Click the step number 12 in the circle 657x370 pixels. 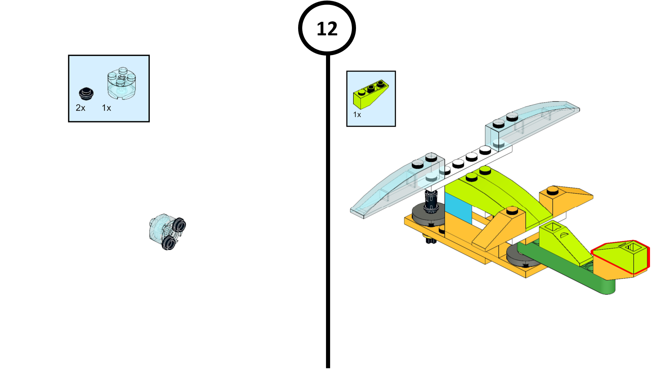click(x=327, y=29)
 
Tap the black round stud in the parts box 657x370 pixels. click(x=86, y=94)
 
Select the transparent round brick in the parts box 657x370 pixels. click(x=121, y=84)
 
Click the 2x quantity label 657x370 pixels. click(x=80, y=108)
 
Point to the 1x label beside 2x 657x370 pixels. click(x=106, y=108)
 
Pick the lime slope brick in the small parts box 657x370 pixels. click(x=370, y=94)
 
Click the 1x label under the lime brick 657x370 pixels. click(x=357, y=115)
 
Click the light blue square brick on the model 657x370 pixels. click(x=458, y=208)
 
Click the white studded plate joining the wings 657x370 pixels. click(x=472, y=160)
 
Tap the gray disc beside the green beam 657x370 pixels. click(x=518, y=257)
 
